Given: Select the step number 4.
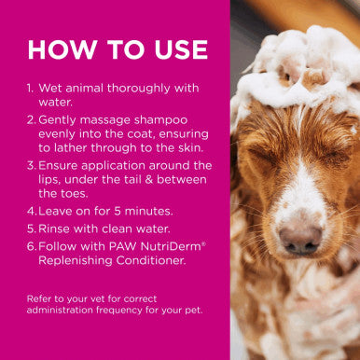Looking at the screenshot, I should coord(31,212).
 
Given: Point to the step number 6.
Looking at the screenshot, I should coord(31,245).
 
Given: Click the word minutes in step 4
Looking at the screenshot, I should coord(135,212).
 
